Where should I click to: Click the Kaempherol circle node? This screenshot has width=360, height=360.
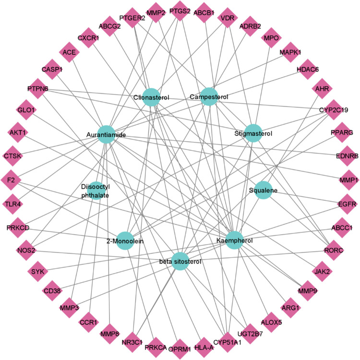pos(233,240)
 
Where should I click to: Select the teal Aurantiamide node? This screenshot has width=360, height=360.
pos(106,135)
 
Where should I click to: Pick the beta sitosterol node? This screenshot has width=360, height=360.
pos(180,262)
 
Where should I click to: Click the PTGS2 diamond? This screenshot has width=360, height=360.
pos(179,12)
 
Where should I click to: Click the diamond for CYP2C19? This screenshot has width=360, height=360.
pos(338,110)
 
